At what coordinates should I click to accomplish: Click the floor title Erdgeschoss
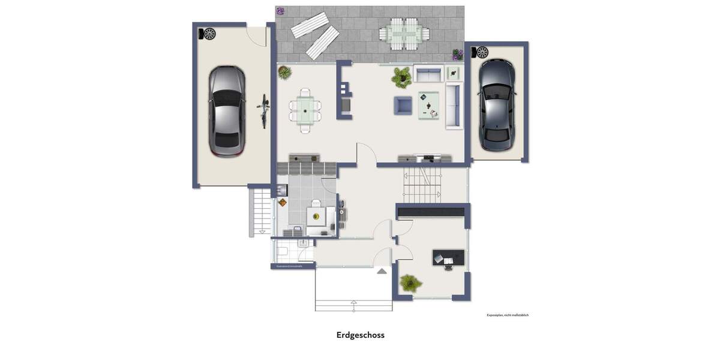tap(360, 335)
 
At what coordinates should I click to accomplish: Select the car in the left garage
tap(227, 110)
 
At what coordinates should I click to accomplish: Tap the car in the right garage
tap(497, 105)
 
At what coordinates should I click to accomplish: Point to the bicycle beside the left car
tap(263, 110)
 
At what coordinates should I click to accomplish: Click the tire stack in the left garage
tap(209, 34)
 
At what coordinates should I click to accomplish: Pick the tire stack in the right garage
tap(482, 52)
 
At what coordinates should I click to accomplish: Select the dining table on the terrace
tap(403, 34)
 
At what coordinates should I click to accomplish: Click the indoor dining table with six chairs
tap(305, 110)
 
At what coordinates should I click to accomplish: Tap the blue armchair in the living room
tap(403, 106)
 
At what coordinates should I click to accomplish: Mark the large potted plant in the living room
tap(401, 77)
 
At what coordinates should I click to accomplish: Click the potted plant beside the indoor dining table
tap(284, 73)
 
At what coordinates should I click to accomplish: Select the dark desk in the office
tap(448, 257)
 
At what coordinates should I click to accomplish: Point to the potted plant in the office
tap(410, 283)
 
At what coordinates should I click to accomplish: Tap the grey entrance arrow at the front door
tap(382, 271)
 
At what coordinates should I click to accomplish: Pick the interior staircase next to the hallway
tap(422, 185)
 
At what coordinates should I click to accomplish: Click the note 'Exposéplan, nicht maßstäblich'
tap(507, 315)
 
